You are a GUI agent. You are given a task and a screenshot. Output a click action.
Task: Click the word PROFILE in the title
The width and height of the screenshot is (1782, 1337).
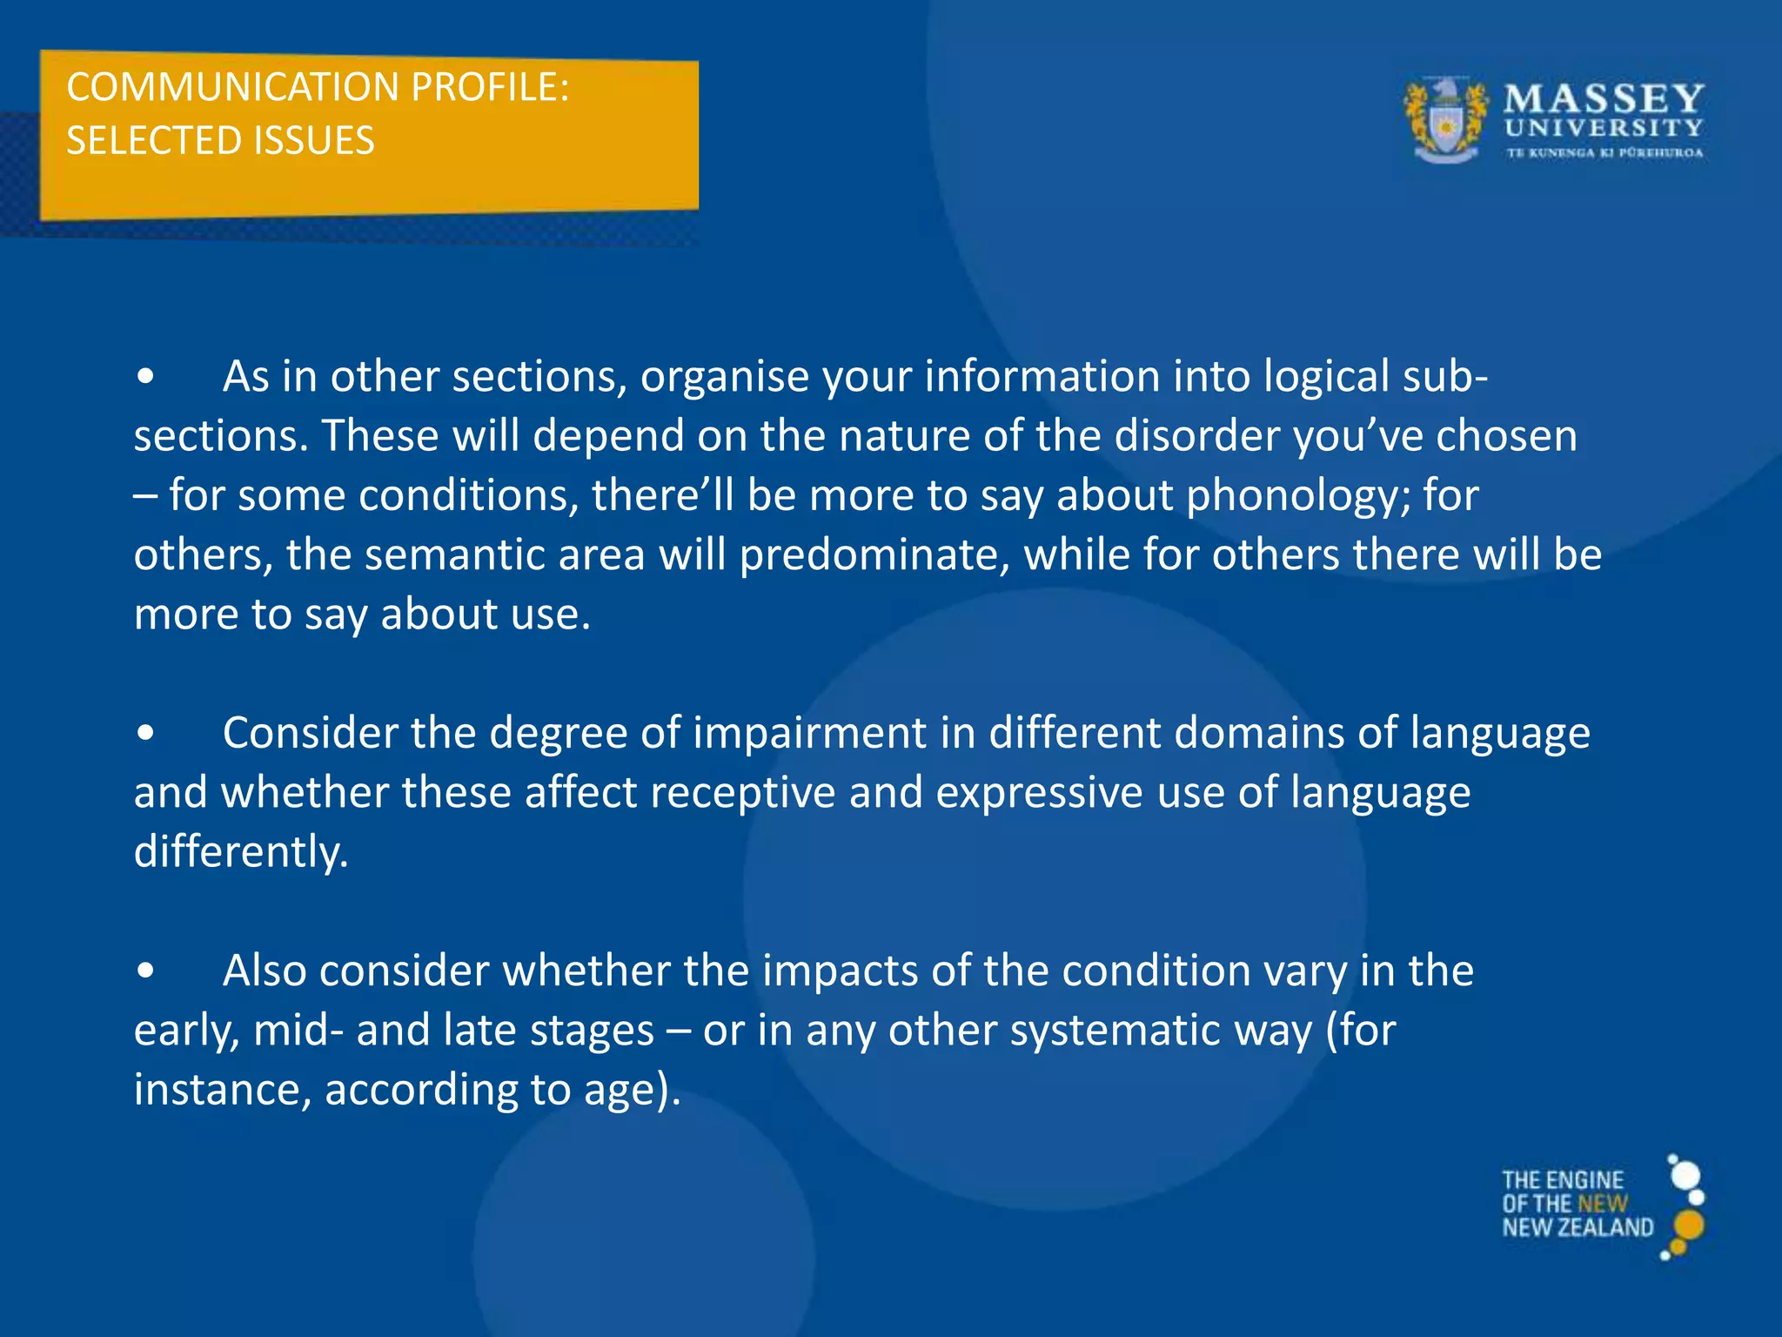coord(489,88)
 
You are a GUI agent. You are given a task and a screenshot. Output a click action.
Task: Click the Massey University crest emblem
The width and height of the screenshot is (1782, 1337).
coord(1445,121)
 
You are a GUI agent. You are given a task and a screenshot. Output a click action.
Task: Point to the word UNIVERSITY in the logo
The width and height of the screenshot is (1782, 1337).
coord(1604,128)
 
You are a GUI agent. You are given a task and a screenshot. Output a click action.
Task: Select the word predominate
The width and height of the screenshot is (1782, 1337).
coord(874,555)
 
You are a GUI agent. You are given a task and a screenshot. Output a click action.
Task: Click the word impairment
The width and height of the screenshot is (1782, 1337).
coord(809,733)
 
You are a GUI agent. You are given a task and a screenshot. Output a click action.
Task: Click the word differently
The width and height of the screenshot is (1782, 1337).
coord(241,851)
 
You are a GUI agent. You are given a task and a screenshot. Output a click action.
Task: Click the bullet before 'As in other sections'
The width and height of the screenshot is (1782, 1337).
coord(146,378)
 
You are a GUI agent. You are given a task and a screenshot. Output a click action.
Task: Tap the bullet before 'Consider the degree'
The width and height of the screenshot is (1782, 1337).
coord(146,734)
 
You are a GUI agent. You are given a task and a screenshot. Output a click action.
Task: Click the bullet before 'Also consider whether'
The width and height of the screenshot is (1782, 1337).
coord(146,971)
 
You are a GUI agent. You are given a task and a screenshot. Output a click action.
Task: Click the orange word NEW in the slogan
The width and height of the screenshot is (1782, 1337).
coord(1602,1205)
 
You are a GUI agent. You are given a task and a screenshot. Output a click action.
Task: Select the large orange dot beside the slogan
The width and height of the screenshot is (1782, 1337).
coord(1688,1226)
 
